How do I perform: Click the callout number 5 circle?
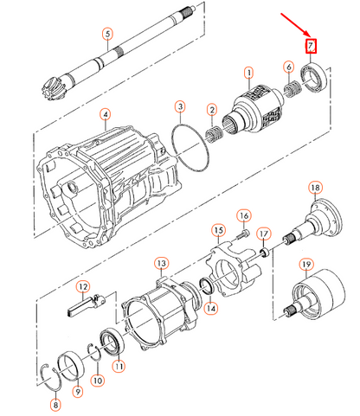tap(107, 34)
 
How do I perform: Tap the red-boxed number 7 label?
tap(311, 46)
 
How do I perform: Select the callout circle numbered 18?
tap(315, 188)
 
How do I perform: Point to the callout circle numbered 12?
tap(83, 287)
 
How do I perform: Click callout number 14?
tap(211, 309)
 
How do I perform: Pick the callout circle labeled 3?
tap(180, 107)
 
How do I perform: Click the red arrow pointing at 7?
tap(294, 24)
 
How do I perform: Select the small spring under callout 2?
tap(214, 133)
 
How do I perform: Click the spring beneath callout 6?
tap(292, 88)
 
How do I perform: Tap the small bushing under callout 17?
tap(266, 253)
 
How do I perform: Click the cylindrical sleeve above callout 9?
tap(71, 365)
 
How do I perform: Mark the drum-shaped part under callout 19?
tap(318, 294)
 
